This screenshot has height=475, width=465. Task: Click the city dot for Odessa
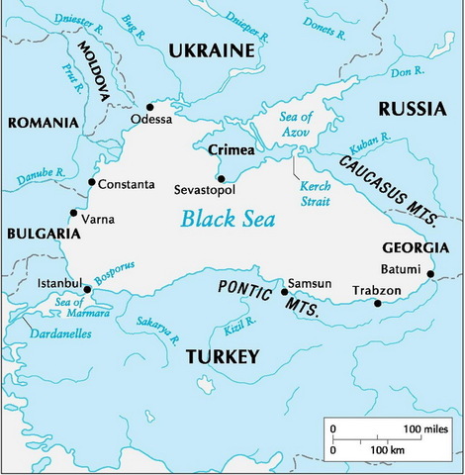(x=149, y=107)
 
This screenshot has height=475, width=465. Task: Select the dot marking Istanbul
(x=88, y=289)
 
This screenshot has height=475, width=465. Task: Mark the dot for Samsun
(x=285, y=291)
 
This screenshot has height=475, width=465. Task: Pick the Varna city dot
(x=72, y=212)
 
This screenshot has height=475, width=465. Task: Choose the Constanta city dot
(x=92, y=182)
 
